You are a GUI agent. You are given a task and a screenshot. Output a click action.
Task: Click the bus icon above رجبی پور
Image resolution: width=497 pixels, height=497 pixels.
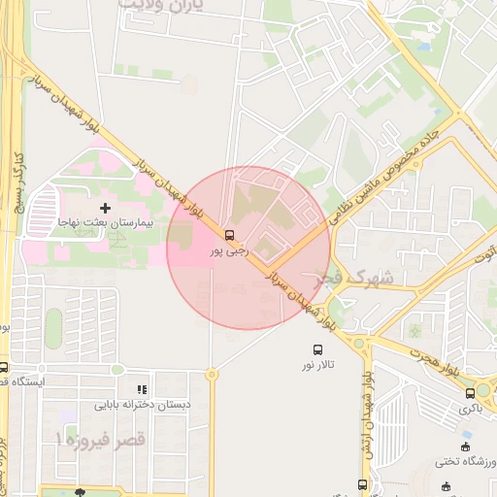(229, 235)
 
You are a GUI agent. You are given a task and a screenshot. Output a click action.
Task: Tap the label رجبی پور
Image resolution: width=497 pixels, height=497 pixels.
(230, 250)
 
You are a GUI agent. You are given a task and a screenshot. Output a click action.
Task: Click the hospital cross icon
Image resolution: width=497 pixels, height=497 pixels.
(106, 208)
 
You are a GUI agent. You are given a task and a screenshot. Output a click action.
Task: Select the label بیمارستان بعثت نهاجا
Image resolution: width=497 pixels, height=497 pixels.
(104, 223)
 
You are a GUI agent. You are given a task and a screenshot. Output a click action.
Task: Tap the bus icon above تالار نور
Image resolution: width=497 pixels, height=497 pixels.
(316, 349)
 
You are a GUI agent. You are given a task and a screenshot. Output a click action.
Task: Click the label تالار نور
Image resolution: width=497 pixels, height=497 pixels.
(316, 365)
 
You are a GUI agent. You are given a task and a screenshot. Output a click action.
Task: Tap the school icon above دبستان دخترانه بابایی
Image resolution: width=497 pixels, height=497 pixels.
(143, 388)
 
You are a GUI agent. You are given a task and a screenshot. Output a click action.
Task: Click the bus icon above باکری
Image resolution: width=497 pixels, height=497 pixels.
(470, 392)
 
